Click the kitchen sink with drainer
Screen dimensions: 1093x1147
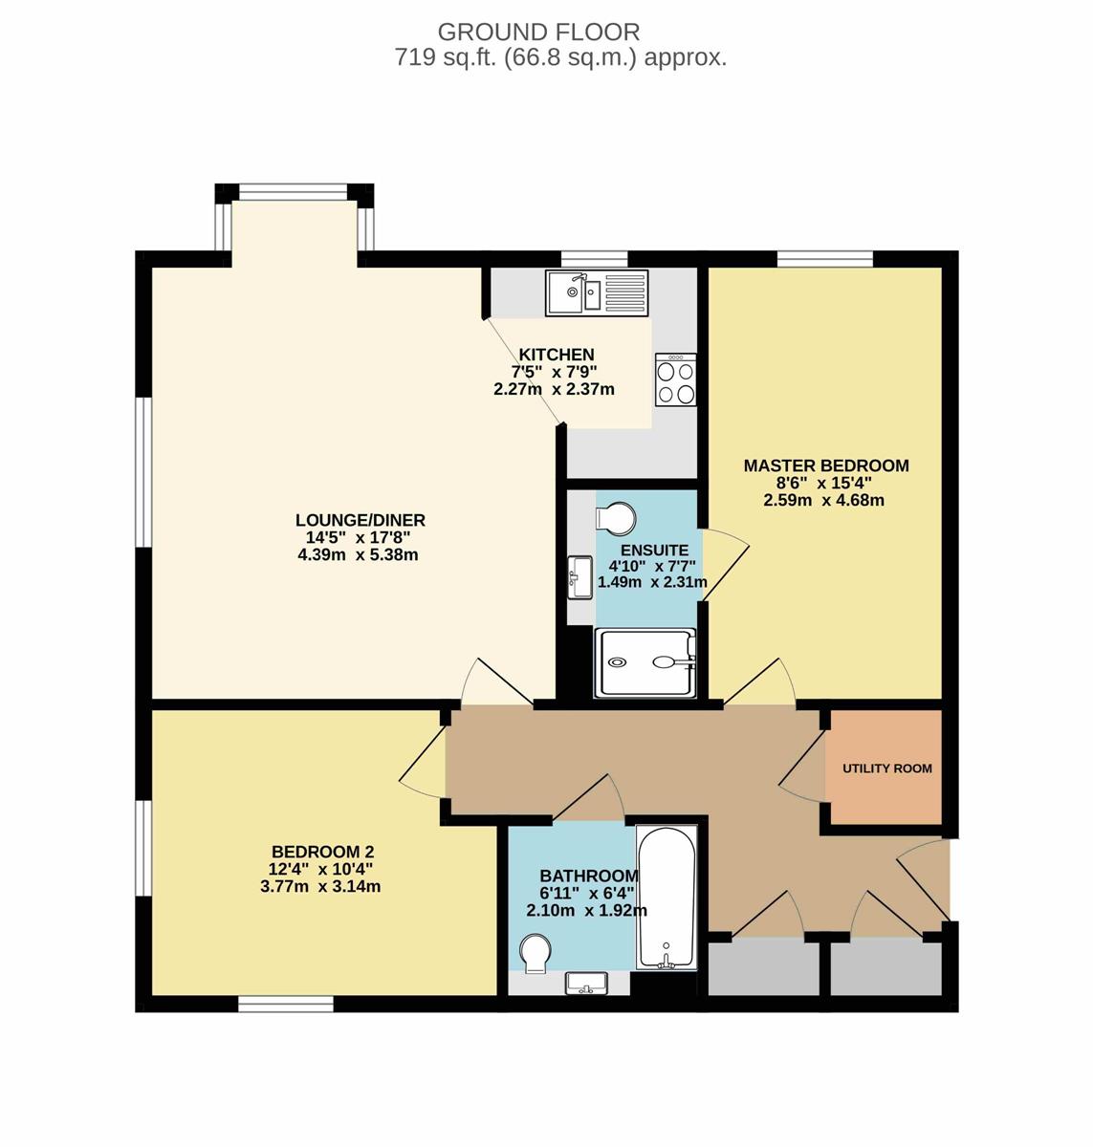[596, 292]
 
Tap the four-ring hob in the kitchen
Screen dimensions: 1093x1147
[675, 379]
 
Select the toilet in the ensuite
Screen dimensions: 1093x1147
[615, 518]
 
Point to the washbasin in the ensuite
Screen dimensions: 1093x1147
[580, 577]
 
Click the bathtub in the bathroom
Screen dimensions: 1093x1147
[667, 898]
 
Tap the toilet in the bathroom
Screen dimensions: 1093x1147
[534, 954]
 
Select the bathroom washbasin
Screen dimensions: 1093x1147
[586, 983]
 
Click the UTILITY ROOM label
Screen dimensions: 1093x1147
[886, 768]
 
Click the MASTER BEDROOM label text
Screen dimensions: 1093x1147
[826, 465]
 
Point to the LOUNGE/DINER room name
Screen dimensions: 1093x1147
[361, 520]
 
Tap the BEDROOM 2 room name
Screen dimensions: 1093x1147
[323, 853]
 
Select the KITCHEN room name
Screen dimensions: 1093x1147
[557, 355]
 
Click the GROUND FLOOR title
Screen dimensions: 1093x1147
[538, 32]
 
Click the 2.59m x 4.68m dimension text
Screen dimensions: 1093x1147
[824, 500]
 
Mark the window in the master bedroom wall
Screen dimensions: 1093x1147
[824, 259]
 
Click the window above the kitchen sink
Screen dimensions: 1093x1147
[595, 259]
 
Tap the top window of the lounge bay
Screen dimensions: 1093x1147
[294, 192]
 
